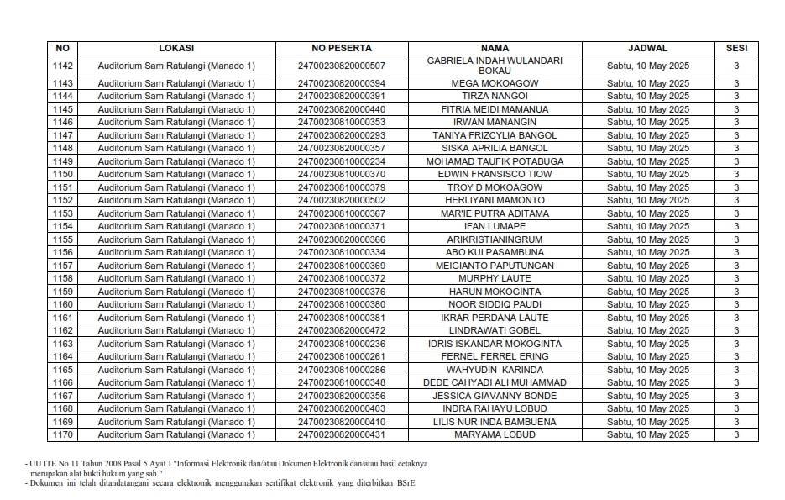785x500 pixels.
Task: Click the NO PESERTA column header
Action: (341, 48)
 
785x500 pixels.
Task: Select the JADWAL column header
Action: (647, 48)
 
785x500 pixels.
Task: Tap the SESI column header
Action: (736, 48)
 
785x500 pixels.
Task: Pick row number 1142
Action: (63, 66)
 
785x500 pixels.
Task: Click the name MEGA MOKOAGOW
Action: (495, 83)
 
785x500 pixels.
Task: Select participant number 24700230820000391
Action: (341, 97)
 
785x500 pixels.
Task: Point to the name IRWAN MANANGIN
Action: (495, 123)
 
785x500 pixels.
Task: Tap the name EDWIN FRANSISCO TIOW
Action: (495, 174)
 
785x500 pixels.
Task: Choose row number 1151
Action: (63, 187)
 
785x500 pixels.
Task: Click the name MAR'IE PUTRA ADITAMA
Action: (495, 213)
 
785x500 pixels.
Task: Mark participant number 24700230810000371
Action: (341, 226)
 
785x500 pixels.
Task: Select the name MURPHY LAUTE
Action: (495, 278)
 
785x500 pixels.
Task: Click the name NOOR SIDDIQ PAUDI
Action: (495, 304)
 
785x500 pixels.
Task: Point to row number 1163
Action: (63, 344)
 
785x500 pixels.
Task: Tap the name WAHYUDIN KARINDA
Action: (495, 370)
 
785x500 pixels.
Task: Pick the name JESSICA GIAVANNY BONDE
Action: (495, 396)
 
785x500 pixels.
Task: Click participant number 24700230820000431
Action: (341, 434)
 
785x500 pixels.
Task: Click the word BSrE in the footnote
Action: (406, 483)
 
